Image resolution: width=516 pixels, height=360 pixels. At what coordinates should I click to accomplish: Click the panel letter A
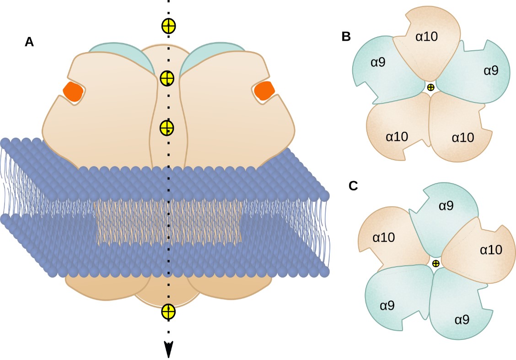pyautogui.click(x=29, y=42)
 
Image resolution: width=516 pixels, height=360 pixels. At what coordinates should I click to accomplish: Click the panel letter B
pyautogui.click(x=346, y=37)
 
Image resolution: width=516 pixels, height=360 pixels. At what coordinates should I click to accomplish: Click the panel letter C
pyautogui.click(x=353, y=186)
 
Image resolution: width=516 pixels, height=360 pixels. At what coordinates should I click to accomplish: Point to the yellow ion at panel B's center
pyautogui.click(x=430, y=87)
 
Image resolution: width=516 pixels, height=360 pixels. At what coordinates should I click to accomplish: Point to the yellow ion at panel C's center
pyautogui.click(x=436, y=263)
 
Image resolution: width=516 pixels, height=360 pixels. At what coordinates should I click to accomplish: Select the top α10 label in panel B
pyautogui.click(x=426, y=37)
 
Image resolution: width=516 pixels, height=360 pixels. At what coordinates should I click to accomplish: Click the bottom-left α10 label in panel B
pyautogui.click(x=397, y=136)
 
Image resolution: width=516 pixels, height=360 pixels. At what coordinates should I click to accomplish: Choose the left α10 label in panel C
pyautogui.click(x=384, y=237)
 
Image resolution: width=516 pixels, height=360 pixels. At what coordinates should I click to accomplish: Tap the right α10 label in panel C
pyautogui.click(x=491, y=250)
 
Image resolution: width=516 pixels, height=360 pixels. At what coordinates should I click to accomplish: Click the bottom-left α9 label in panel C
pyautogui.click(x=387, y=306)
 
